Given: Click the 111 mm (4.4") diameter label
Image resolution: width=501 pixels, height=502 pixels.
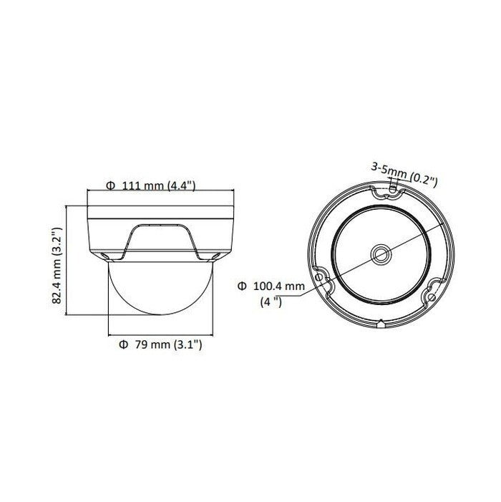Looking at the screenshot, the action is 151,185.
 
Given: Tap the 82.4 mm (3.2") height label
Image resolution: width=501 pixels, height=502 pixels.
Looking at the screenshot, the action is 57,266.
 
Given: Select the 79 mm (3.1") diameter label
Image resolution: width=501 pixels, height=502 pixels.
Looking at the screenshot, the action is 160,344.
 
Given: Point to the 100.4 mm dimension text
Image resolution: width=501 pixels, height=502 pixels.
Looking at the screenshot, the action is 279,286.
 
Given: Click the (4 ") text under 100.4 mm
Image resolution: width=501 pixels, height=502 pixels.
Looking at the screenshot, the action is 271,301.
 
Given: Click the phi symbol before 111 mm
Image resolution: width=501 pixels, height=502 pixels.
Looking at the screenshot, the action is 110,185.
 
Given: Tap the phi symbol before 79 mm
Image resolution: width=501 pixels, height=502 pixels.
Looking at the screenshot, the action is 123,344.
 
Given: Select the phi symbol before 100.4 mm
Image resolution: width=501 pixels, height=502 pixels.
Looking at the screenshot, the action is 242,286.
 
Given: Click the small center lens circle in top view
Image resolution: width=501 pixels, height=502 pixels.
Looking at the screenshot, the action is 381,255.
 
